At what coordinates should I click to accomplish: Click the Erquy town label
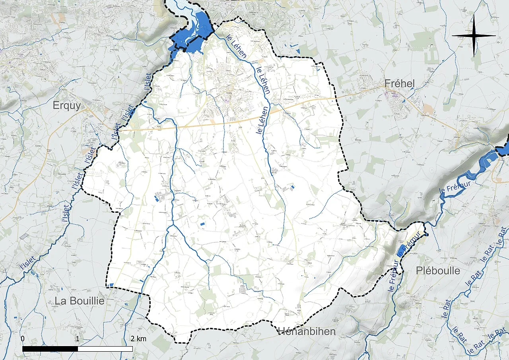pos(67,106)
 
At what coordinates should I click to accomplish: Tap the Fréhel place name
pos(400,83)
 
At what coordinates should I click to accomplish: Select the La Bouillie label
pos(80,301)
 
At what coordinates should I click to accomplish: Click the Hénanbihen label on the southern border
pos(307,331)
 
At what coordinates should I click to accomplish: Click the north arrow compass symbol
pos(474,36)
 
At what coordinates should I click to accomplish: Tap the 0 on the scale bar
pos(22,339)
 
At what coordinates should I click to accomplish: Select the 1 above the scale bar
pos(77,339)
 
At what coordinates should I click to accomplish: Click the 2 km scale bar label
pos(138,339)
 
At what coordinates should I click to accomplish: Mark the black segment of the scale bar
pos(50,349)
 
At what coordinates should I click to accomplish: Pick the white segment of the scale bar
pos(105,349)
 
